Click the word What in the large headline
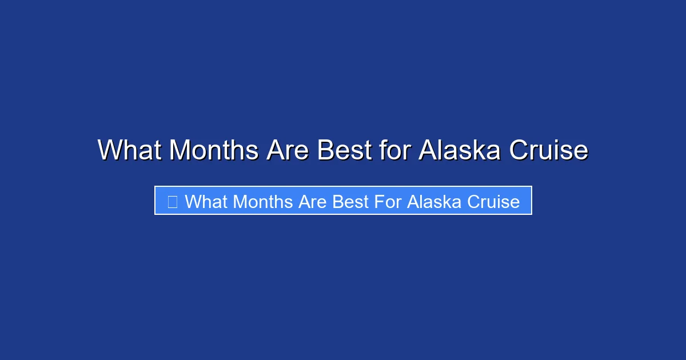click(x=130, y=150)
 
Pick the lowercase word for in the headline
click(x=394, y=150)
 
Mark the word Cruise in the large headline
click(x=548, y=150)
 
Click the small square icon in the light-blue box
click(x=172, y=201)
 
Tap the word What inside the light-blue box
click(x=206, y=202)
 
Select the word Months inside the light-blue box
click(x=264, y=202)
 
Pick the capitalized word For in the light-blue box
click(x=388, y=202)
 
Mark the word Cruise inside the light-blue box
click(x=494, y=202)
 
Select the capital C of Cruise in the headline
click(x=519, y=150)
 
